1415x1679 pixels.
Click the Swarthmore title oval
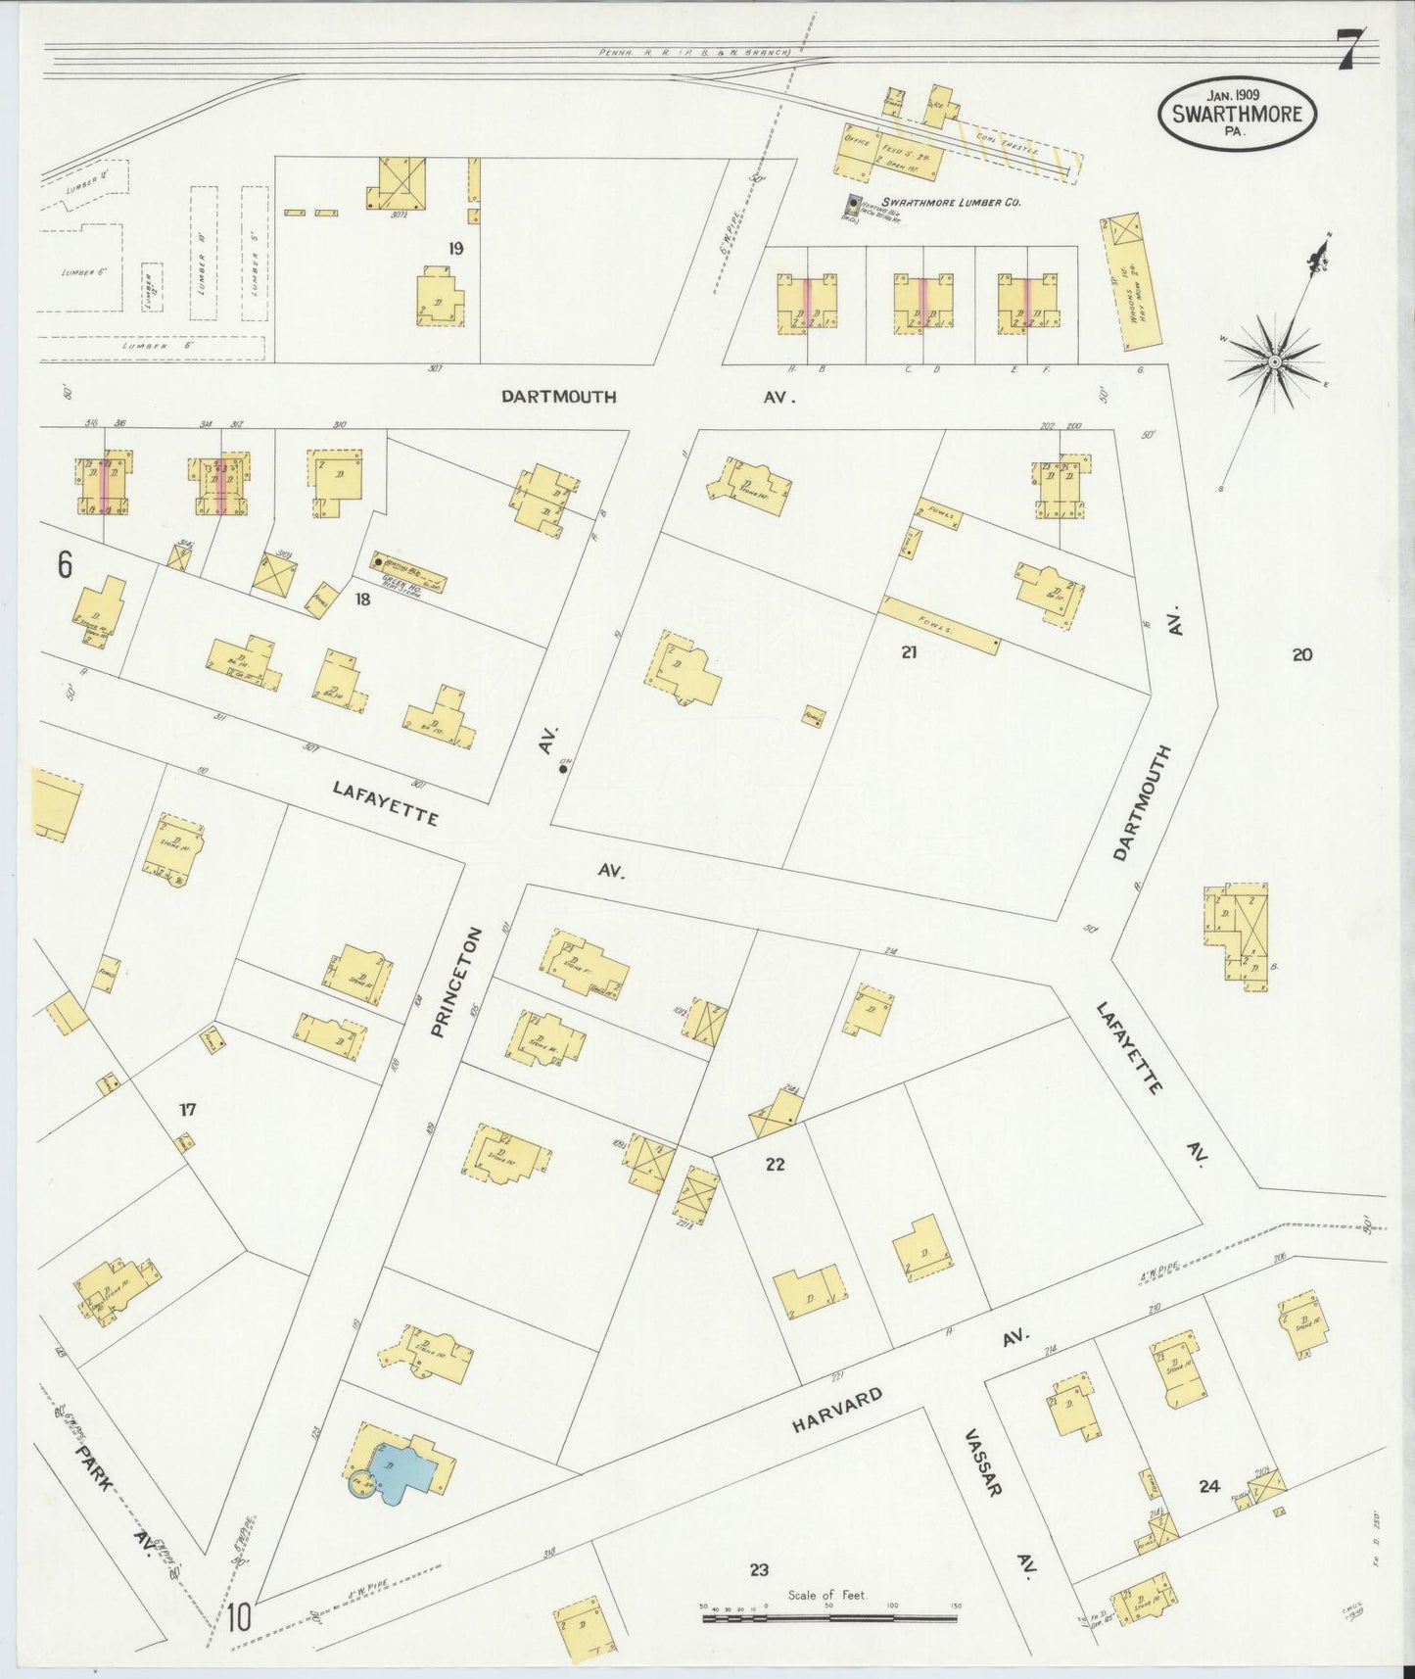pyautogui.click(x=1238, y=114)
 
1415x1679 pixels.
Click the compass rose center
pyautogui.click(x=1274, y=361)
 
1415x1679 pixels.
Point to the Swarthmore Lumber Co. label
pyautogui.click(x=951, y=202)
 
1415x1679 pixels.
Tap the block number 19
pyautogui.click(x=455, y=249)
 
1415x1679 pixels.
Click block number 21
pyautogui.click(x=909, y=651)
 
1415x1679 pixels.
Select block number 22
pyautogui.click(x=776, y=1164)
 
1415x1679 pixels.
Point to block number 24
pyautogui.click(x=1209, y=1486)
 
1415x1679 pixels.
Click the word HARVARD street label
pyautogui.click(x=838, y=1411)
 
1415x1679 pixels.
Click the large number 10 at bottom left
pyautogui.click(x=240, y=1617)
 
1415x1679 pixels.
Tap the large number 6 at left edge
pyautogui.click(x=65, y=565)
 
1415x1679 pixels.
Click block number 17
pyautogui.click(x=188, y=1109)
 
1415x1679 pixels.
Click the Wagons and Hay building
pyautogui.click(x=1131, y=284)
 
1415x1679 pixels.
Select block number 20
pyautogui.click(x=1301, y=654)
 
